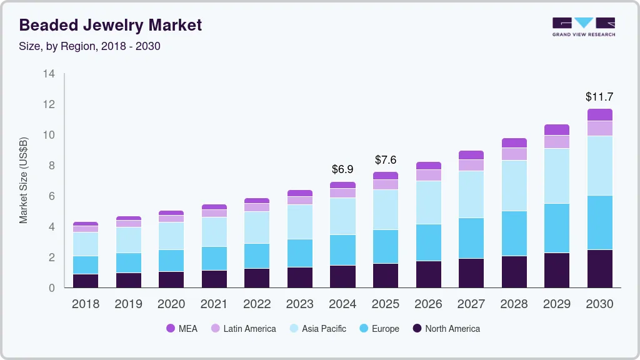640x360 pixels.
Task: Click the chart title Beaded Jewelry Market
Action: [x=111, y=25]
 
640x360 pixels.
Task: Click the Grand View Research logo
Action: [x=583, y=26]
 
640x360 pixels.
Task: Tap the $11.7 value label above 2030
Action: [x=599, y=97]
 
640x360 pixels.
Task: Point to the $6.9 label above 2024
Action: [x=342, y=169]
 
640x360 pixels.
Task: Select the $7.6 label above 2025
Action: [x=386, y=160]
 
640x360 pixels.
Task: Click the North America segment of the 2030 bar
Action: [x=599, y=269]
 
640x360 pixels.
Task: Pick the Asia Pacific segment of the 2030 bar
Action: [x=599, y=166]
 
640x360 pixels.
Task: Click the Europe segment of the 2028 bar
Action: [x=514, y=233]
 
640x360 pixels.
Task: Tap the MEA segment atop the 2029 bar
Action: [x=557, y=129]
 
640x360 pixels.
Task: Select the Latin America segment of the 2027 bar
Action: [x=471, y=165]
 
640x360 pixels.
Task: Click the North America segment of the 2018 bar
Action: [x=86, y=281]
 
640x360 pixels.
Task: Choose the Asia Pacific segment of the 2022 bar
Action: [x=257, y=227]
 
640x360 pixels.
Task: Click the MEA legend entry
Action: [x=182, y=328]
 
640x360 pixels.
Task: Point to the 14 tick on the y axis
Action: [x=49, y=74]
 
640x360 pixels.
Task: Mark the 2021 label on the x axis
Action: [x=214, y=304]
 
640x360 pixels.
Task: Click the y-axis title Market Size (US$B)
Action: [x=24, y=180]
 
